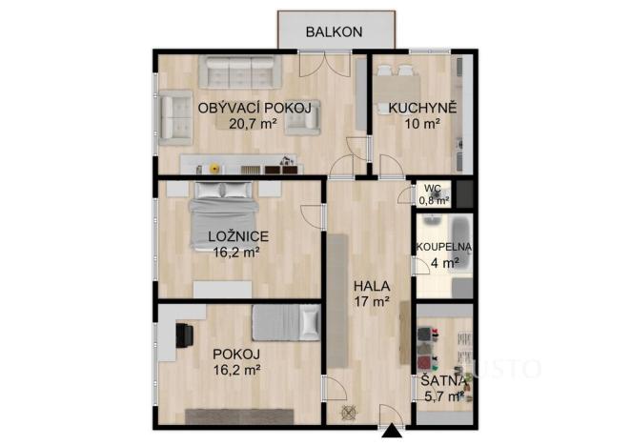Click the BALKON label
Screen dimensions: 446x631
(x=334, y=31)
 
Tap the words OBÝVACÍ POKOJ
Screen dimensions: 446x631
(x=254, y=108)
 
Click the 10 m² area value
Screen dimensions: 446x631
(x=419, y=123)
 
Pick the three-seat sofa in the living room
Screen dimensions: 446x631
(x=237, y=71)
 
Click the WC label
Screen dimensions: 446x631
(x=433, y=188)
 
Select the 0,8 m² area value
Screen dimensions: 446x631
(x=433, y=200)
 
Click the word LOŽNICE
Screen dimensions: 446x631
(x=237, y=236)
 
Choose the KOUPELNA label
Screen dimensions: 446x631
(x=438, y=247)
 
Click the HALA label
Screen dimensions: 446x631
(x=371, y=285)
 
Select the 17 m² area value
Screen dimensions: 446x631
(x=372, y=301)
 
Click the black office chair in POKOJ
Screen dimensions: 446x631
(x=184, y=334)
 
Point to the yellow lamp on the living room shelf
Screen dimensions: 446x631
(x=213, y=168)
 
